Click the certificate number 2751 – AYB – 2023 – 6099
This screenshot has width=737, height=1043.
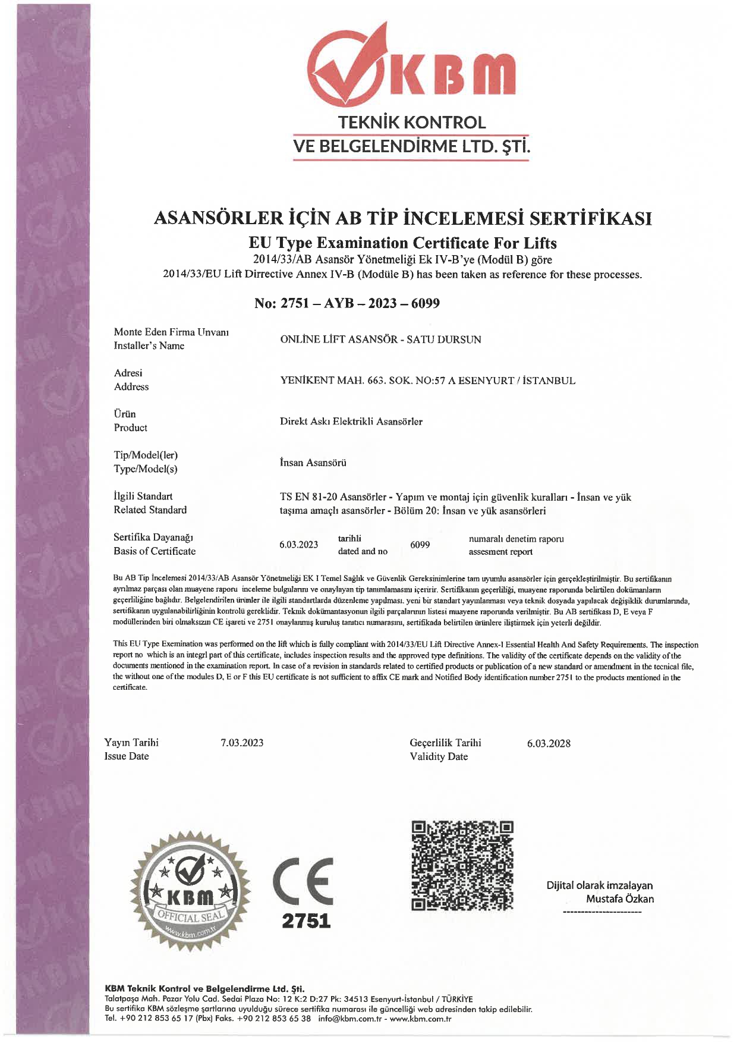[x=347, y=303]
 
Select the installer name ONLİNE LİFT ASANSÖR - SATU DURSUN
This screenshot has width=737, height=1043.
[x=380, y=340]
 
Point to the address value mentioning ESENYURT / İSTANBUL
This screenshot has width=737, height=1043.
[x=427, y=381]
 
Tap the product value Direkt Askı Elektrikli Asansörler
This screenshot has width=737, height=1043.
[x=351, y=422]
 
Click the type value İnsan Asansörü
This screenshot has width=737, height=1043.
[x=313, y=463]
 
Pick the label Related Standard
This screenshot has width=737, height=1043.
[x=150, y=510]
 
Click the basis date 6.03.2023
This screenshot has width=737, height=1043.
[x=298, y=545]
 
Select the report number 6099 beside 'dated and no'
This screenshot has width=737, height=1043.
[x=420, y=545]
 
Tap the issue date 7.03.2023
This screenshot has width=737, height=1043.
[x=242, y=743]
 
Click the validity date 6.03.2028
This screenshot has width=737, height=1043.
[x=549, y=743]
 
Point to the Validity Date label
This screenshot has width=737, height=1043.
[x=439, y=756]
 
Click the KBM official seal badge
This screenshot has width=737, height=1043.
[x=190, y=890]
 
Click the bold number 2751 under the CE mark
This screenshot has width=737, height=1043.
[x=305, y=921]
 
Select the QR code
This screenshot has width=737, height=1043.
[x=462, y=865]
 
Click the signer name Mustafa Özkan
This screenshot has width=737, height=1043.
[x=619, y=899]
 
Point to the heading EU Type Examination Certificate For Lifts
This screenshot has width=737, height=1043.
[x=402, y=243]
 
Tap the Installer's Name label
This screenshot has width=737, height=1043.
[x=149, y=345]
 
